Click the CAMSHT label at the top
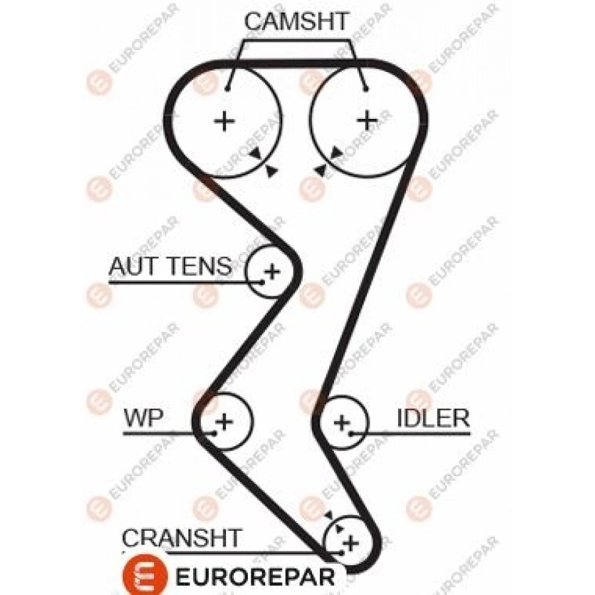point(296,21)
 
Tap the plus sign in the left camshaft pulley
point(225,121)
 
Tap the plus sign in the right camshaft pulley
point(366,120)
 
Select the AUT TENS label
point(171,266)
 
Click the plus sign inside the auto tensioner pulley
point(271,270)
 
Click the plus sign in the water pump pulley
point(225,420)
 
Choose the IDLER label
point(433,418)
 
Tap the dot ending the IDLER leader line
point(352,434)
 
